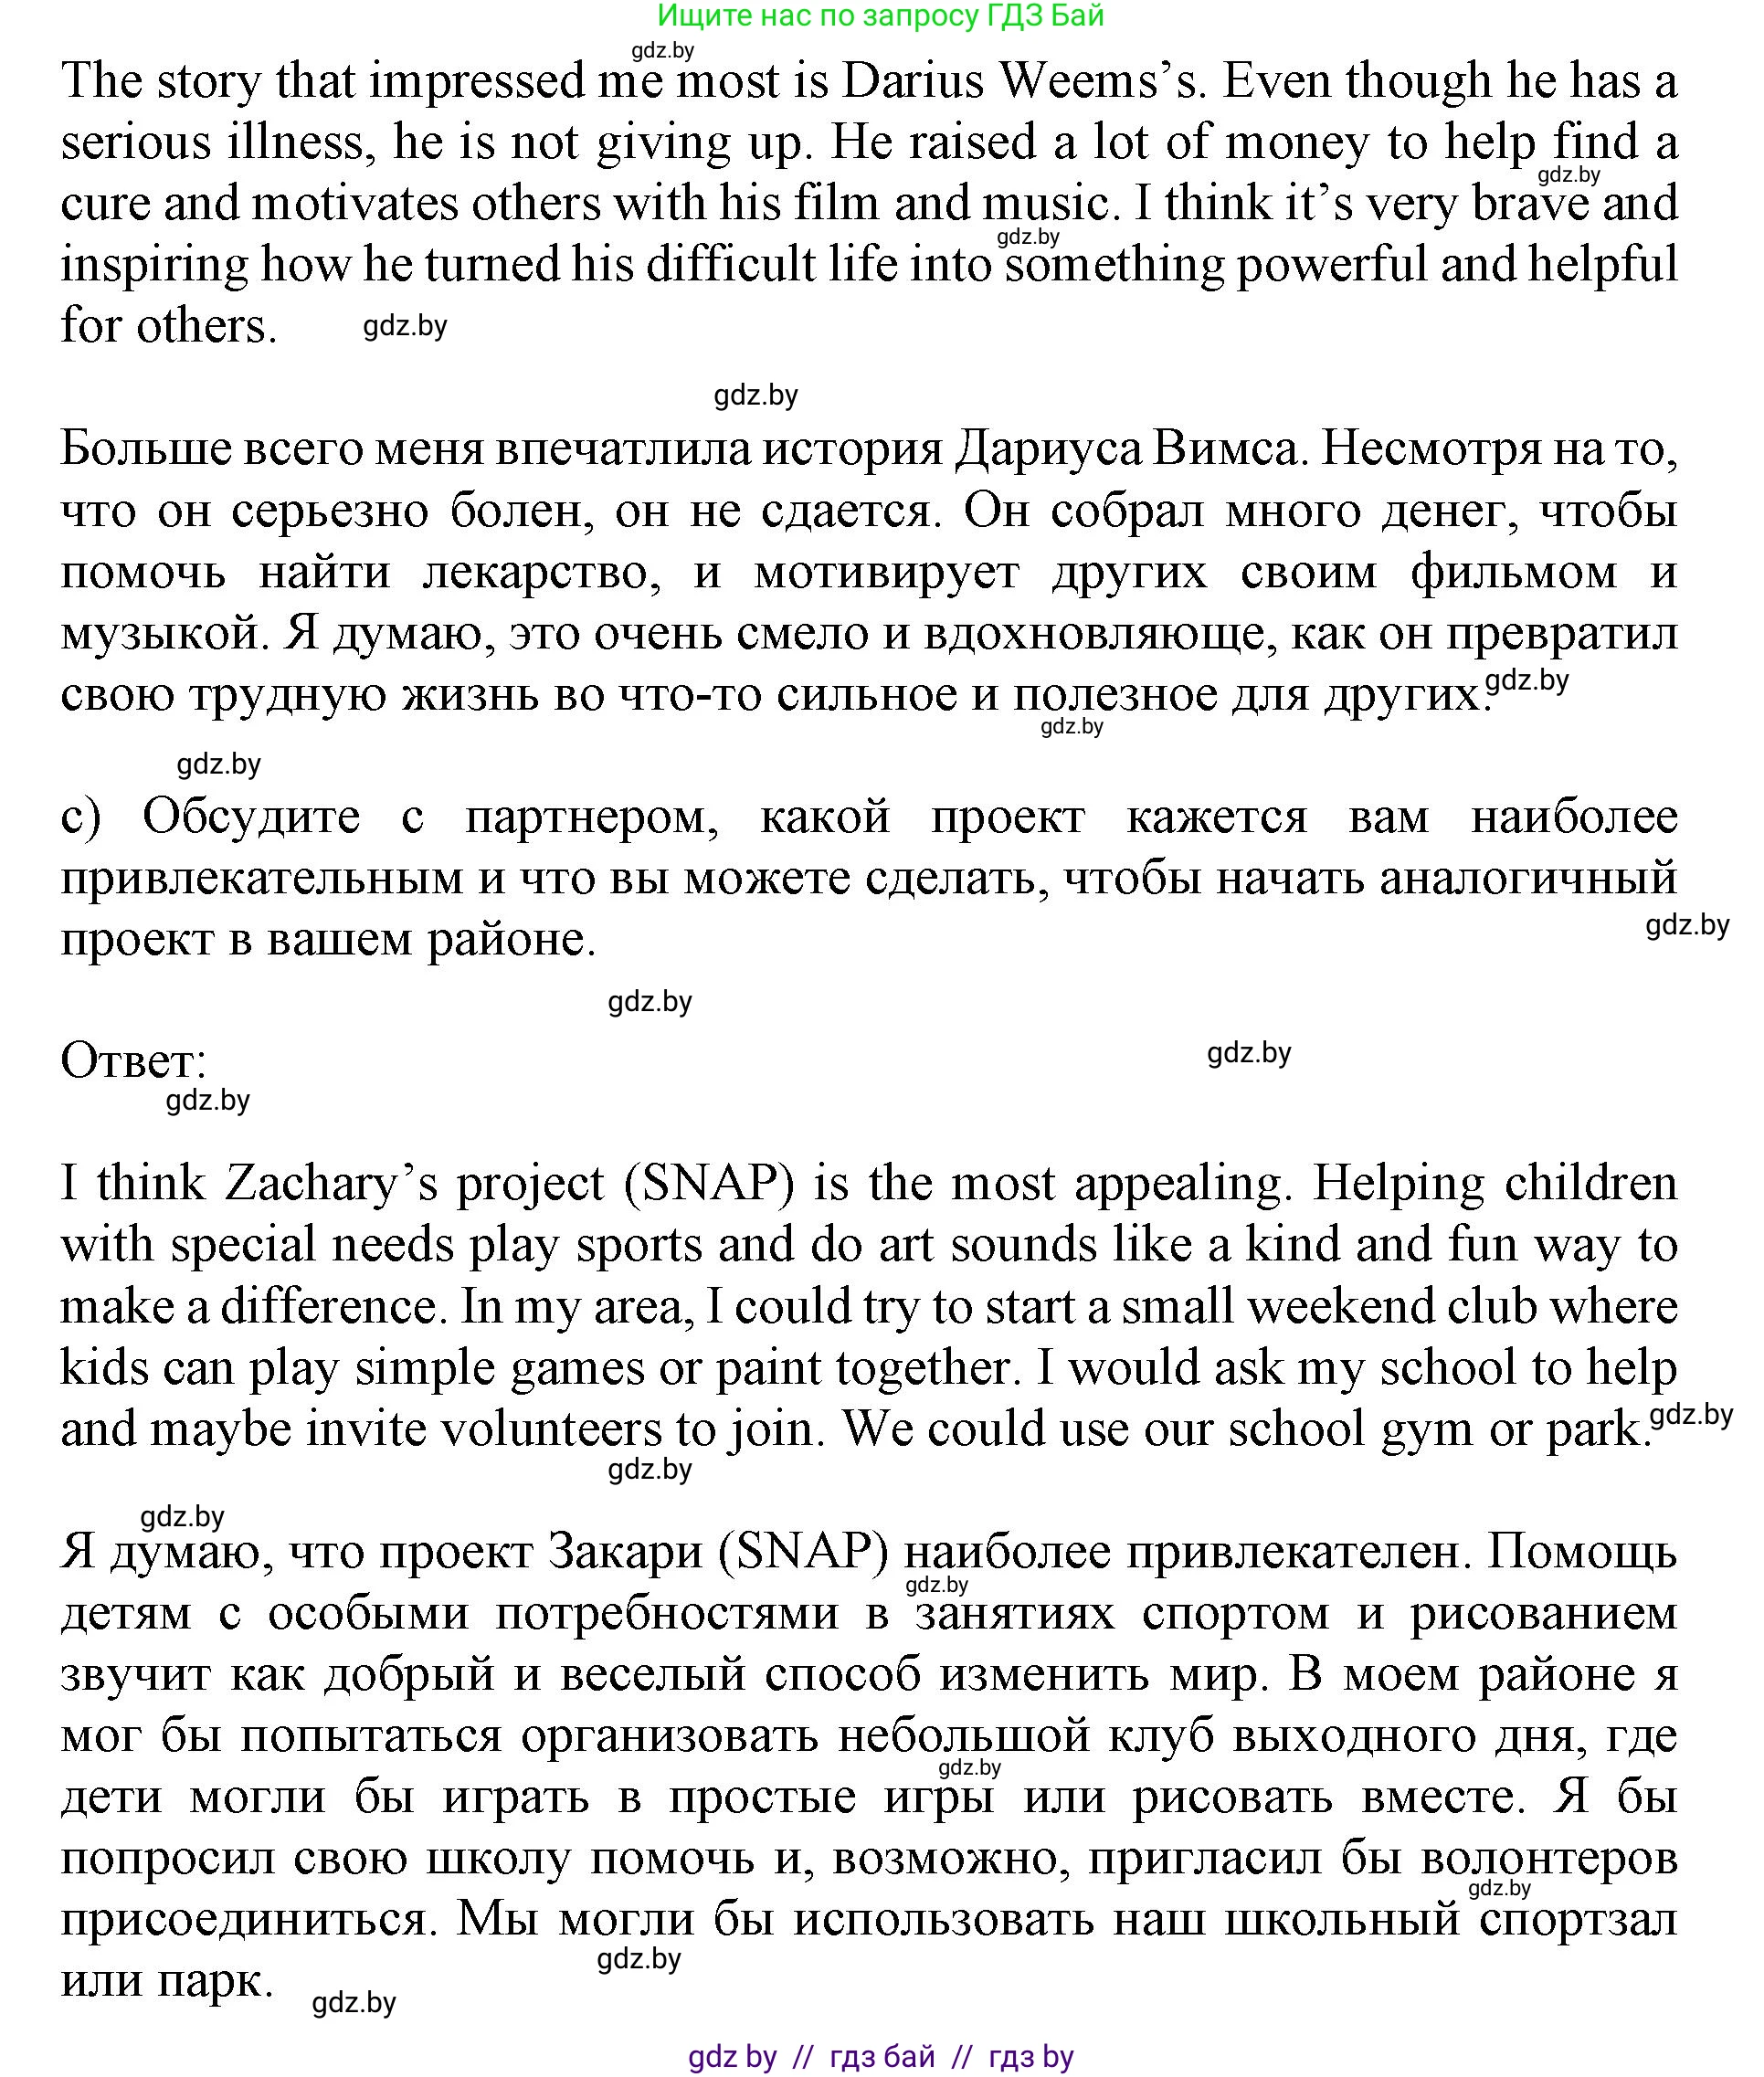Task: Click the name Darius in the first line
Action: pyautogui.click(x=913, y=81)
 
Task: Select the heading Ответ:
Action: pyautogui.click(x=133, y=1062)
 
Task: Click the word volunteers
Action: pyautogui.click(x=551, y=1431)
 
